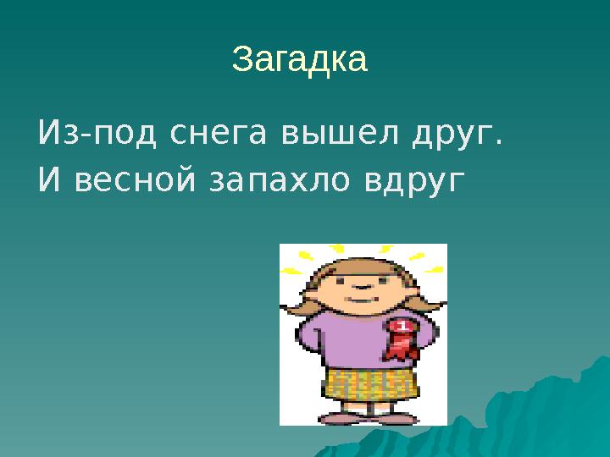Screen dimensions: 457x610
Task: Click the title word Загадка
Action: click(x=299, y=60)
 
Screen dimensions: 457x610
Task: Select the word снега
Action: click(x=199, y=134)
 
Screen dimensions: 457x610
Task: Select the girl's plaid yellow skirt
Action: click(x=369, y=383)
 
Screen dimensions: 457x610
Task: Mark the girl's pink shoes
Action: click(x=364, y=416)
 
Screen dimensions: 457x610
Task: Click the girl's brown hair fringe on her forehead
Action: click(x=360, y=268)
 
